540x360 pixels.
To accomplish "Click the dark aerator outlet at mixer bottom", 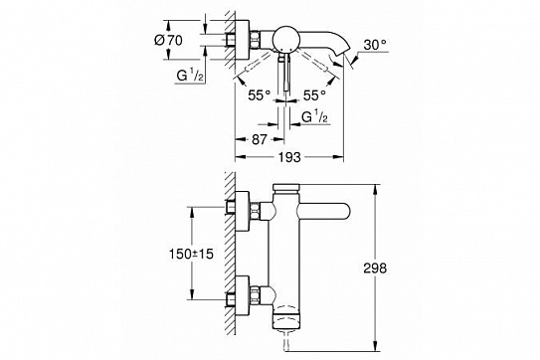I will click(x=287, y=321).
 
